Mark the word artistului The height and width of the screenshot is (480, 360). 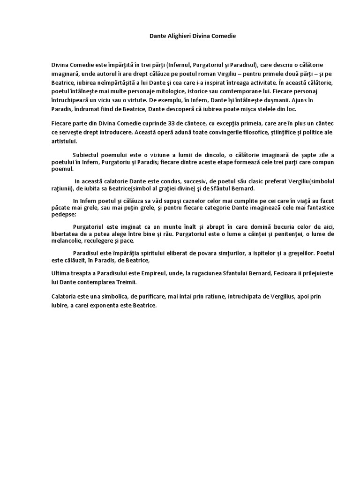click(x=65, y=141)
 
